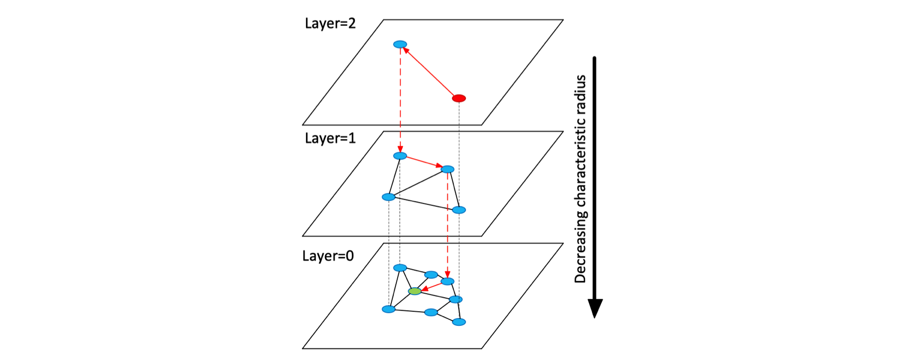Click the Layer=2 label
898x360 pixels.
[330, 23]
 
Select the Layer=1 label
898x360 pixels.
[330, 139]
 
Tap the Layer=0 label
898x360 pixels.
[328, 256]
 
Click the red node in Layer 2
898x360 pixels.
[459, 99]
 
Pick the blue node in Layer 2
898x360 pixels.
[400, 44]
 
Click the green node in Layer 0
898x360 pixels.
[414, 291]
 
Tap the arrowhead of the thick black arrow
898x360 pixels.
[595, 308]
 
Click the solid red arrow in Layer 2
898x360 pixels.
[429, 72]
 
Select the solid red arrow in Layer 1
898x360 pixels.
[424, 162]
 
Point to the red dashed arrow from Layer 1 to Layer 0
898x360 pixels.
[448, 224]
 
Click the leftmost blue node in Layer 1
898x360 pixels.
[388, 197]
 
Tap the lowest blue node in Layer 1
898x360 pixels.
[459, 210]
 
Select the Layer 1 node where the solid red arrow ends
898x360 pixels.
[448, 169]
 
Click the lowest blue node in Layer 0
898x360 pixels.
[459, 322]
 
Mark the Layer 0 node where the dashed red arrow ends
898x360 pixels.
[448, 281]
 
